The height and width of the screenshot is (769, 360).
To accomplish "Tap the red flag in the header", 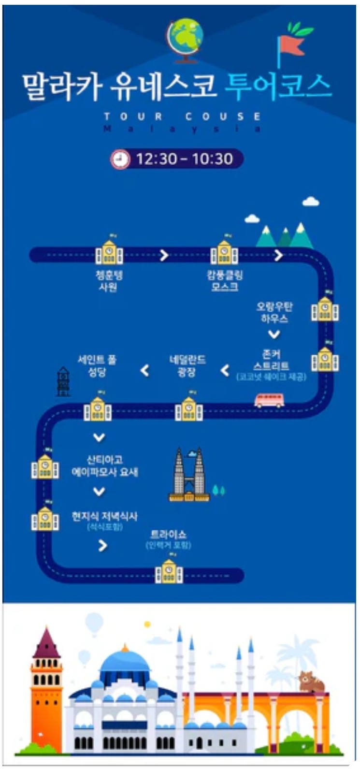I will [291, 45].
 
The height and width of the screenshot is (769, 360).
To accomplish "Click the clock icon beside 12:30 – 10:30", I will [121, 159].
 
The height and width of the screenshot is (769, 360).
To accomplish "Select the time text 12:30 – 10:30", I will [184, 159].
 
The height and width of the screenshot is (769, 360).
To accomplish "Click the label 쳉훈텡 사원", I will [109, 281].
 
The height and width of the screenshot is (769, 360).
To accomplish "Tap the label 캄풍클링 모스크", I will [224, 281].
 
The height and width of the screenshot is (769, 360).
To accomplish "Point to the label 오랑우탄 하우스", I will [274, 312].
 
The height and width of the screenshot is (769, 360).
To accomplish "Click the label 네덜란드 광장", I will [187, 365].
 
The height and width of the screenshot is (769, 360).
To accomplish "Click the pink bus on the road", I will [269, 400].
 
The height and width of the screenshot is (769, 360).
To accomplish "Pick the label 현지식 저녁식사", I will [104, 516].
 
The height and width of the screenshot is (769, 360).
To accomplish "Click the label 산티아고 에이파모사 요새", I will [104, 465].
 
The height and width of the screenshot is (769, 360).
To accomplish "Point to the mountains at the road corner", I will [285, 236].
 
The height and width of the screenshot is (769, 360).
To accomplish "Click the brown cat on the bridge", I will [311, 682].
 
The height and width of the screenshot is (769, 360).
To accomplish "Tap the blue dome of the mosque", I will [125, 660].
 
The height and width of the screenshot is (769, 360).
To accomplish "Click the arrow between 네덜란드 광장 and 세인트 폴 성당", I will [144, 371].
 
